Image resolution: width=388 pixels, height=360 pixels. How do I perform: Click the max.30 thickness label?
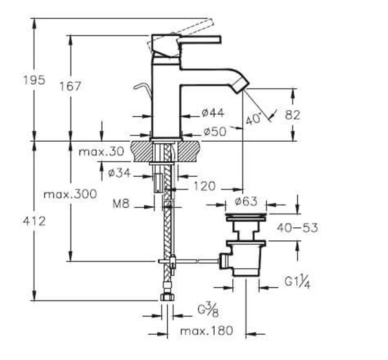(x=101, y=152)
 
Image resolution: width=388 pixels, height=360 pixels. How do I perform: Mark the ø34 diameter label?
(x=120, y=172)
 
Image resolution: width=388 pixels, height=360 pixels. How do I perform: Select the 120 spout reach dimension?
(x=203, y=186)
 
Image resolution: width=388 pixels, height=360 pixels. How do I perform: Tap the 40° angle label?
(x=255, y=119)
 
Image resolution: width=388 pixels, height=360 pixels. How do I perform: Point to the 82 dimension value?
(x=312, y=115)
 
